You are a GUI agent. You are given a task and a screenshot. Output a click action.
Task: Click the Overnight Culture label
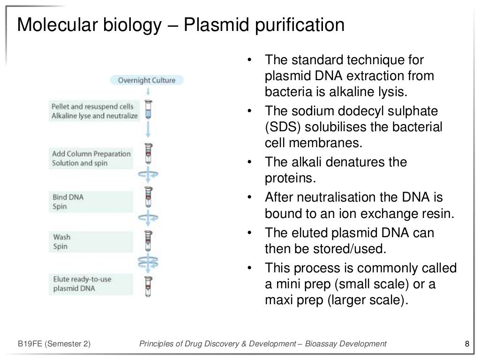(147, 80)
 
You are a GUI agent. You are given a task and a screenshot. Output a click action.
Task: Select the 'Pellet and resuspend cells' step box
(95, 111)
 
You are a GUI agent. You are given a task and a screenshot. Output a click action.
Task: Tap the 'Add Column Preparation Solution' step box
(91, 158)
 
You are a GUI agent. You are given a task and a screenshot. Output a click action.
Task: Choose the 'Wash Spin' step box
(91, 242)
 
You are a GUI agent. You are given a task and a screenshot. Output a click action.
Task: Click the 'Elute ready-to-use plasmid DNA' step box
(91, 284)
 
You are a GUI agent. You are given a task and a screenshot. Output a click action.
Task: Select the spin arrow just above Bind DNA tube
(149, 175)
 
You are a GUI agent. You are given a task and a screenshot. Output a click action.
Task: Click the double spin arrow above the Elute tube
(149, 260)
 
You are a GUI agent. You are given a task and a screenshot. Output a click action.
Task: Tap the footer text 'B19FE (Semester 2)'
(54, 345)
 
